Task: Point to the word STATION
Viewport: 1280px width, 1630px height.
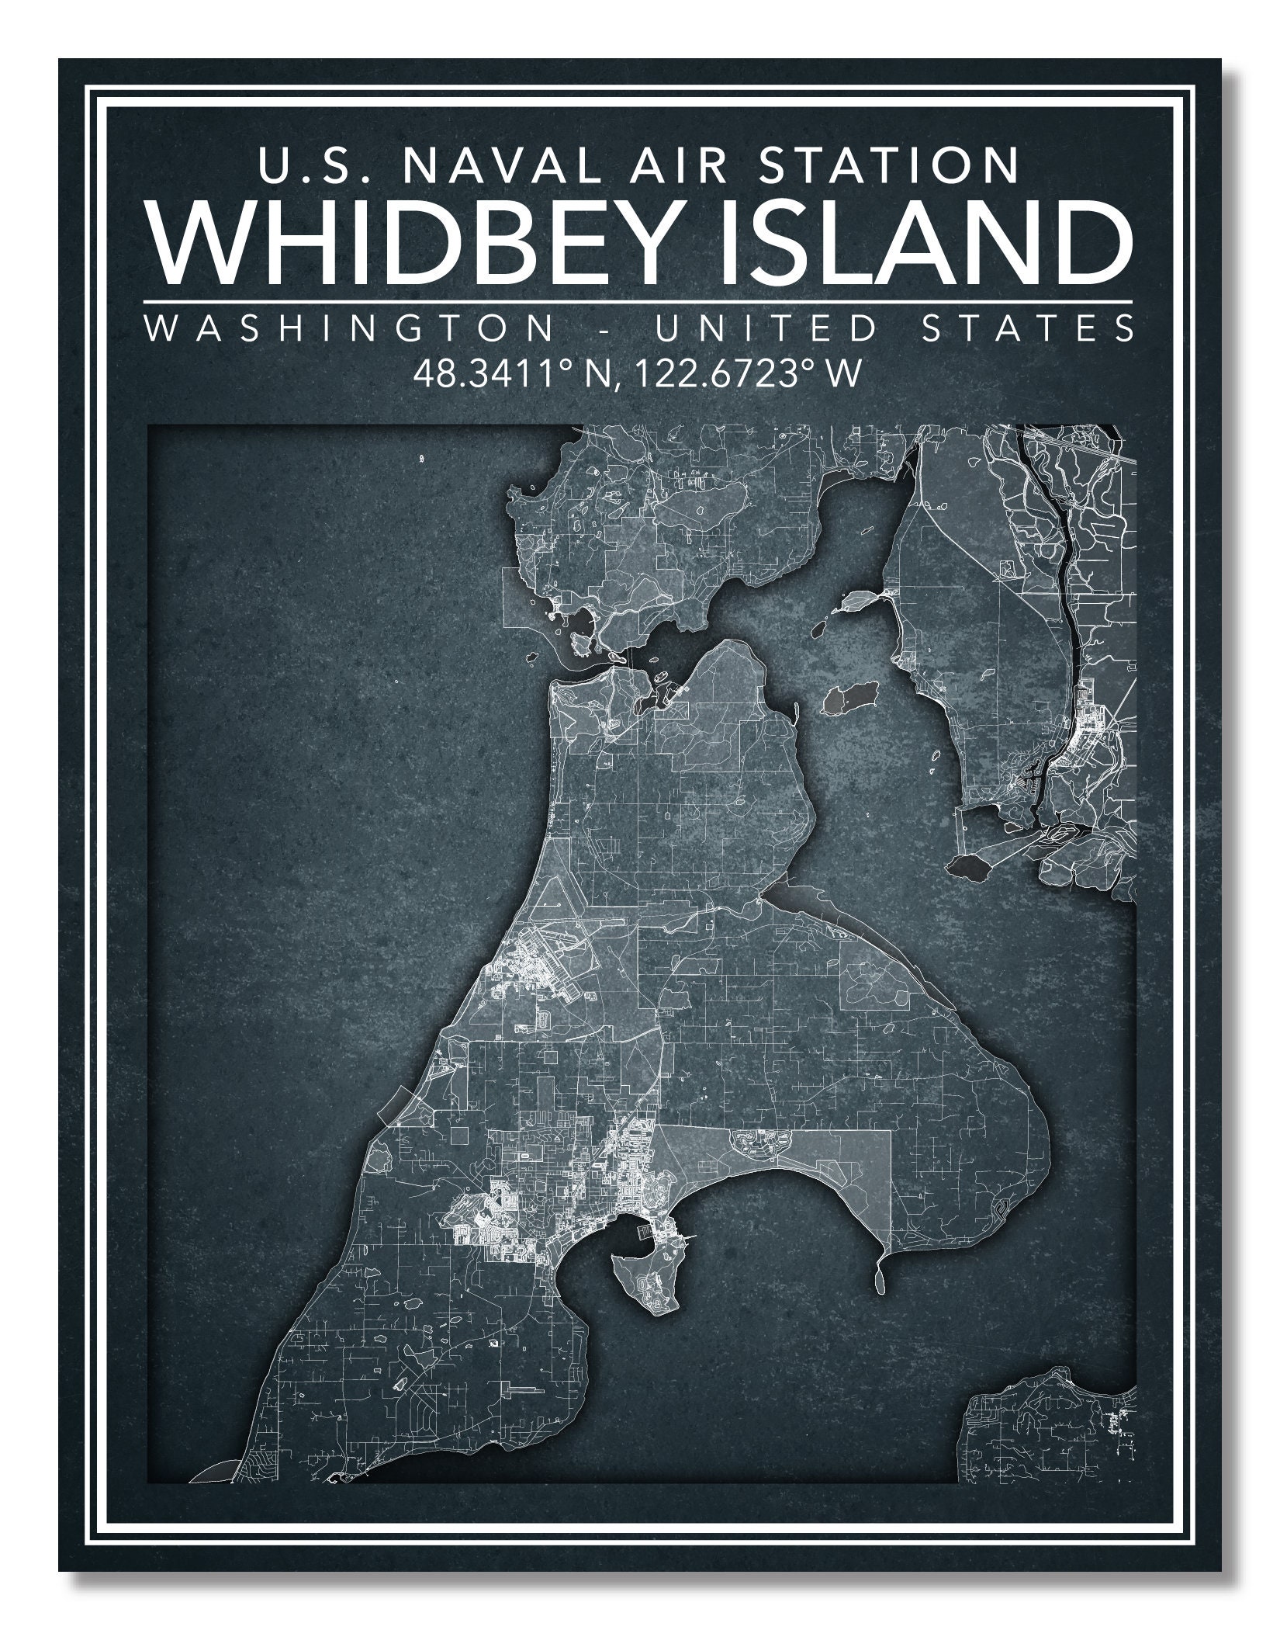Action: pyautogui.click(x=888, y=164)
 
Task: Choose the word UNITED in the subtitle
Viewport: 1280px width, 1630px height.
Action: pyautogui.click(x=765, y=328)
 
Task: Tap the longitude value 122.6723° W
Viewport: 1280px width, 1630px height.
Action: pyautogui.click(x=737, y=373)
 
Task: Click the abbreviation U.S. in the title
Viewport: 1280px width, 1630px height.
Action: pyautogui.click(x=298, y=164)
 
